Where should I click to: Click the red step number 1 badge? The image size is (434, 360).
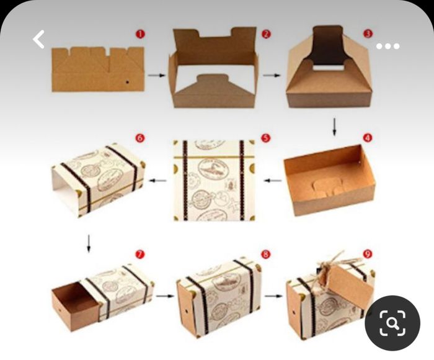(139, 34)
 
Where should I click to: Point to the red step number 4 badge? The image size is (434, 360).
(367, 138)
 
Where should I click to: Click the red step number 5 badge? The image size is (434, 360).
(265, 138)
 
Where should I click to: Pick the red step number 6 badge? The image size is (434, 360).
(139, 138)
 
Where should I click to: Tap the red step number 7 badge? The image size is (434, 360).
(139, 254)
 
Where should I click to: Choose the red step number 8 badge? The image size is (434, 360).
(265, 254)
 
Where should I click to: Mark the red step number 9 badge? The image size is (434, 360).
(368, 254)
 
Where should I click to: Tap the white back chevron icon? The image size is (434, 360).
(39, 40)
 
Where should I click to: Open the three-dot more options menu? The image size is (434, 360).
(388, 47)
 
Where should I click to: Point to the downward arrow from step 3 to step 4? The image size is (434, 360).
(335, 126)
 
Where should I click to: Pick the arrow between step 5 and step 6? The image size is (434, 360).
(159, 181)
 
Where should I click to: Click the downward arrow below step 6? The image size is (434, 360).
(89, 243)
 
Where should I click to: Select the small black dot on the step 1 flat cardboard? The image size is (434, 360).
(128, 81)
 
